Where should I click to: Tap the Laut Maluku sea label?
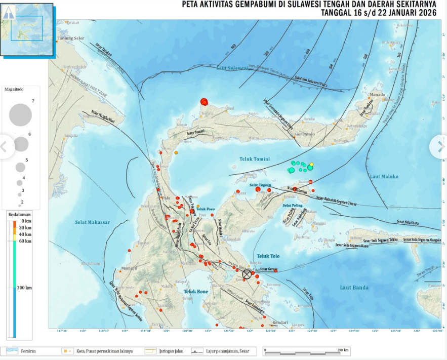pyautogui.click(x=384, y=176)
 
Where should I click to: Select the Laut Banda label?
pyautogui.click(x=353, y=288)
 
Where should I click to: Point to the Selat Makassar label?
pyautogui.click(x=93, y=222)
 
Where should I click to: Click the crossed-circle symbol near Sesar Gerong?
pyautogui.click(x=247, y=274)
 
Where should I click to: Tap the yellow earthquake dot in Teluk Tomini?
pyautogui.click(x=312, y=164)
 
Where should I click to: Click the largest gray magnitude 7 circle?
pyautogui.click(x=20, y=114)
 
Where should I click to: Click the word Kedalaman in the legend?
pyautogui.click(x=19, y=215)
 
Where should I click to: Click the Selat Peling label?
pyautogui.click(x=294, y=206)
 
